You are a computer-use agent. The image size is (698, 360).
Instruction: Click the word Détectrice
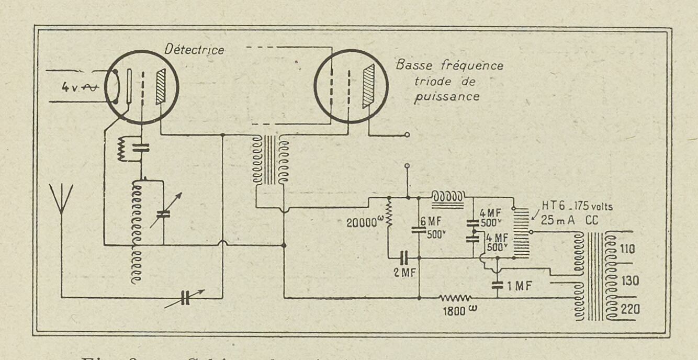coord(194,50)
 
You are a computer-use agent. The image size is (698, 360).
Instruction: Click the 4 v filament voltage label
coord(69,87)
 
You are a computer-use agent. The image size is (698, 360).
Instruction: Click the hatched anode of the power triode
coord(369,86)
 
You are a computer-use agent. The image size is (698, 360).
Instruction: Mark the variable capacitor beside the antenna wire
coord(185,298)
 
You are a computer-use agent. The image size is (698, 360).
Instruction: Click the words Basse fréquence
coord(449,66)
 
